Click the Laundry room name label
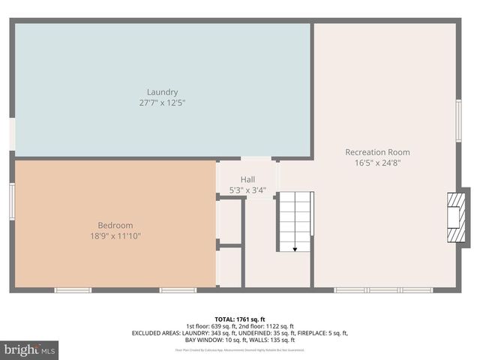click(x=162, y=92)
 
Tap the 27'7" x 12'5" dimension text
click(x=162, y=103)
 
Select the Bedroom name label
click(x=115, y=225)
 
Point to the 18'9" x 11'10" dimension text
click(x=115, y=235)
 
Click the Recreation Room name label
click(x=377, y=152)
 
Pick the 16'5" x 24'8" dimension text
click(x=377, y=163)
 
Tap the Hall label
click(x=247, y=179)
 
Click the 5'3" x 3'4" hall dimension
click(x=247, y=190)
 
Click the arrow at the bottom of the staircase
click(x=295, y=248)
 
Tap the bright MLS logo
click(x=30, y=350)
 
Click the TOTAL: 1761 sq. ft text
click(x=240, y=319)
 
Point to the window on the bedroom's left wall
click(x=12, y=202)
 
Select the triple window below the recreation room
click(x=383, y=289)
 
